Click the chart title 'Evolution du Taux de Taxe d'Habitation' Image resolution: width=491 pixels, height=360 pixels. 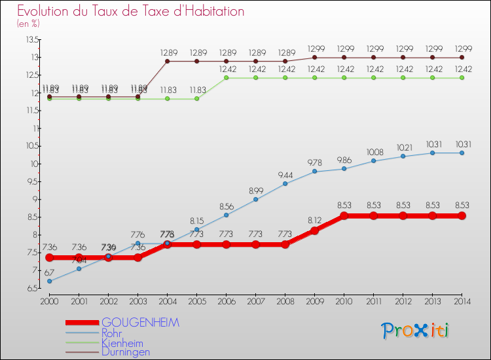(x=131, y=12)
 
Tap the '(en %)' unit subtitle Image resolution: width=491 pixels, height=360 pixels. (x=28, y=24)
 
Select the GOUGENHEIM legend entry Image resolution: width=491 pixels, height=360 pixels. (x=140, y=323)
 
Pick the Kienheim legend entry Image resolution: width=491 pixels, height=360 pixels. (x=122, y=342)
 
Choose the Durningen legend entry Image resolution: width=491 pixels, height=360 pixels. (x=126, y=351)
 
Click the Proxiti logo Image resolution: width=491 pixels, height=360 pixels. (x=416, y=331)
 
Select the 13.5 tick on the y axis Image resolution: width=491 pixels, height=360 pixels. (x=31, y=39)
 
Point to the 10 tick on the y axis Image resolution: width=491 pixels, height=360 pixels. (x=33, y=164)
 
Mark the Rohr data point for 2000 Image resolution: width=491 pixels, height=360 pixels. (x=49, y=281)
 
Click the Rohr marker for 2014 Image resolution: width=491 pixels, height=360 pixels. (x=462, y=153)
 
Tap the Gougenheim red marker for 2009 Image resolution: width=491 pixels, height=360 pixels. (x=314, y=230)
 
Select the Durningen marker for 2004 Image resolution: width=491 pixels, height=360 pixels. (x=167, y=61)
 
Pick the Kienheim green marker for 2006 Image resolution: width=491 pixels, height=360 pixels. (x=226, y=78)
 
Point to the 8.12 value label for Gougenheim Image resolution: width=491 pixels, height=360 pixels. (x=314, y=221)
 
